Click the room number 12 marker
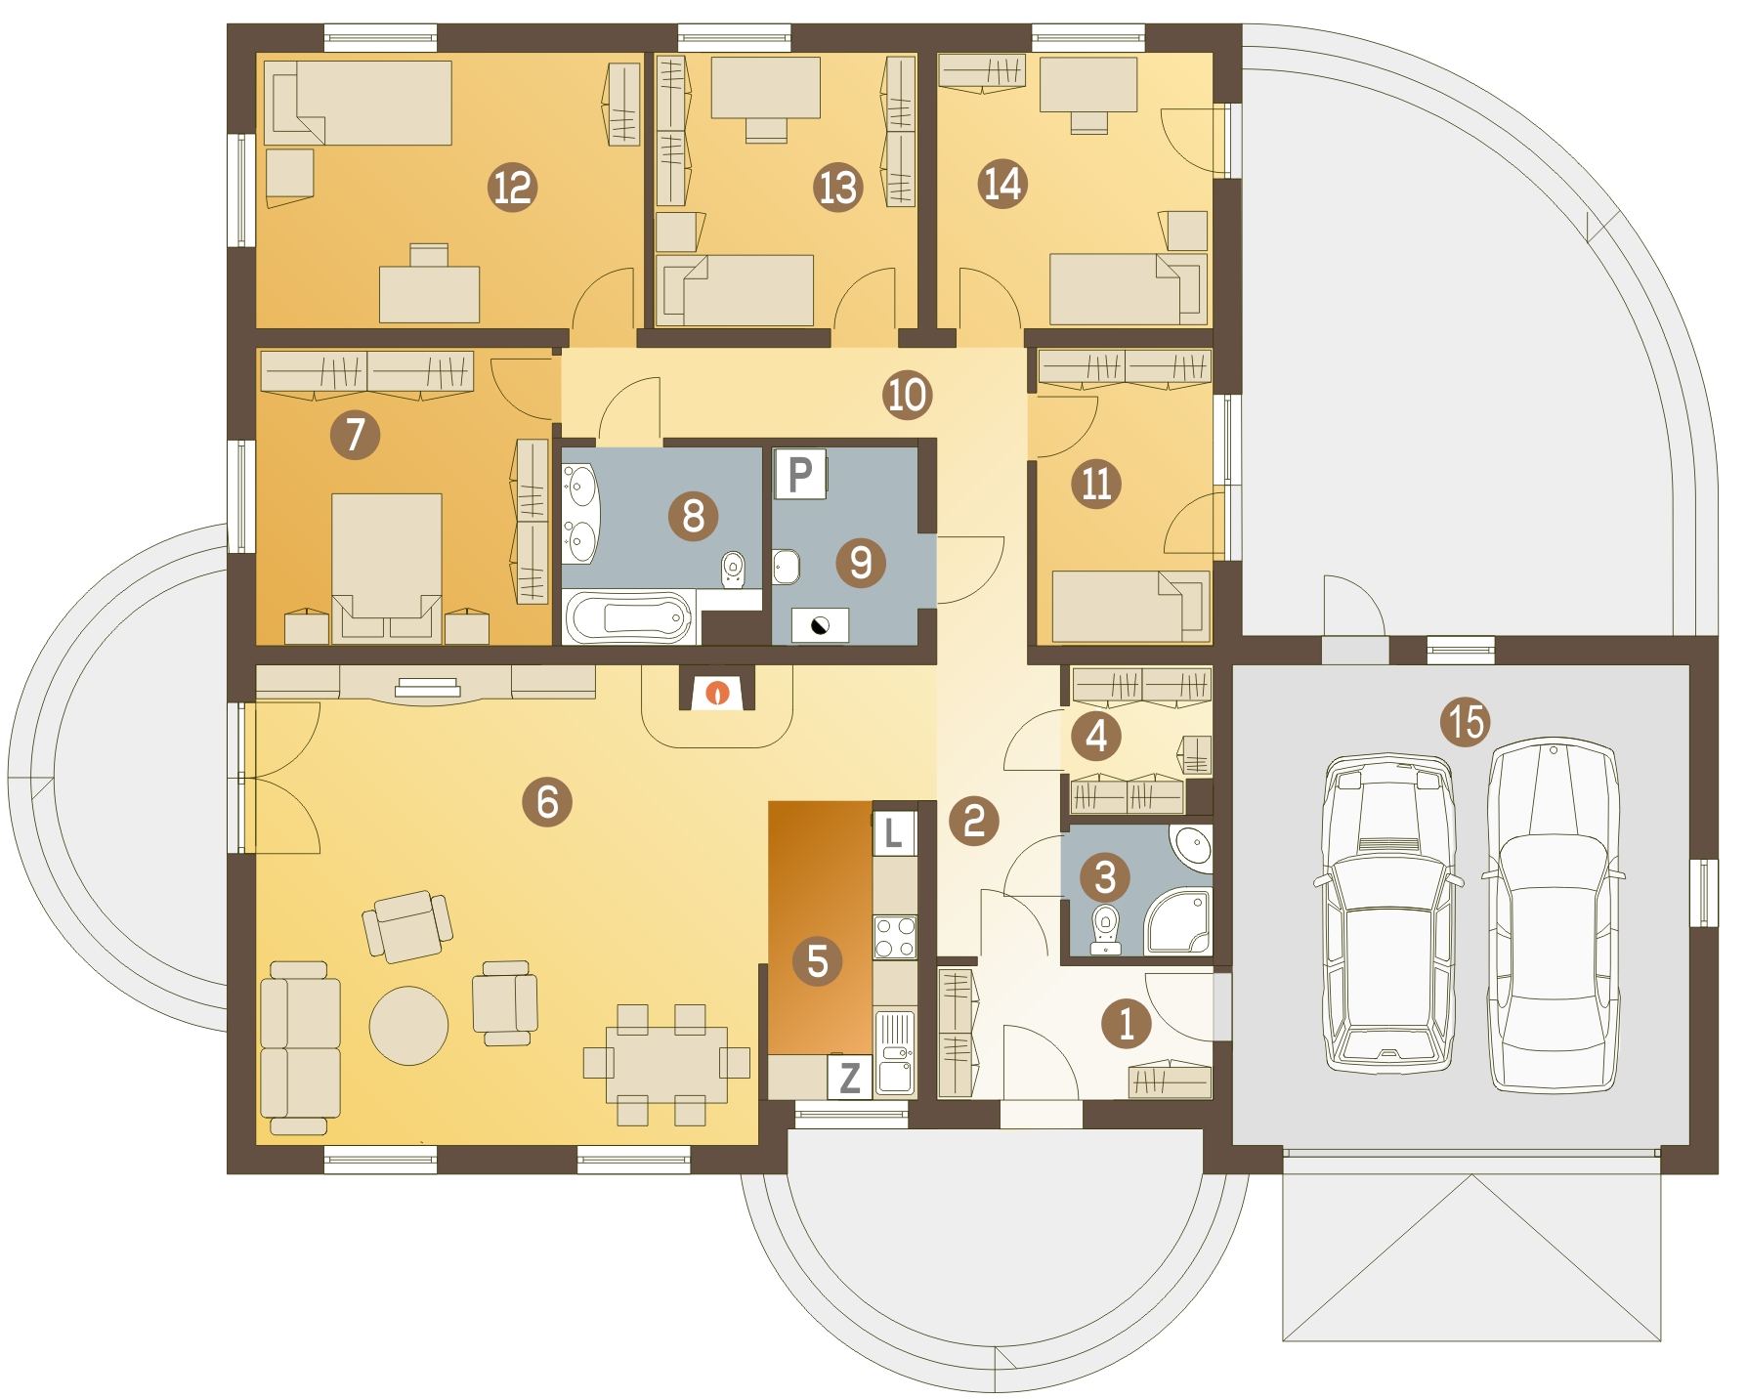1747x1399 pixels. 512,187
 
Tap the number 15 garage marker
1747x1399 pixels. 1466,722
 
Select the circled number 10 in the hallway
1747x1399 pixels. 907,395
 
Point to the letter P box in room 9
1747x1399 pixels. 800,475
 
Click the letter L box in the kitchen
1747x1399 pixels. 894,833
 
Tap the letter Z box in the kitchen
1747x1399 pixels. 850,1077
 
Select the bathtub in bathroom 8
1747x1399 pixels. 630,618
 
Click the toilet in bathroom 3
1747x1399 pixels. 1105,929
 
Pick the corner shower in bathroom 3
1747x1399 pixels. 1178,920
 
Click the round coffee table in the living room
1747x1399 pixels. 408,1025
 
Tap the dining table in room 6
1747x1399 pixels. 666,1064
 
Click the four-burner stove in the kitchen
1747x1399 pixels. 895,936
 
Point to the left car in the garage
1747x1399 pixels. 1387,914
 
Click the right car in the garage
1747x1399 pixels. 1553,914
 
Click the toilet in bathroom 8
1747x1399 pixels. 732,570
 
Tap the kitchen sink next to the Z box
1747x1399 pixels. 895,1053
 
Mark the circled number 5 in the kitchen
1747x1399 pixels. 818,960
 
